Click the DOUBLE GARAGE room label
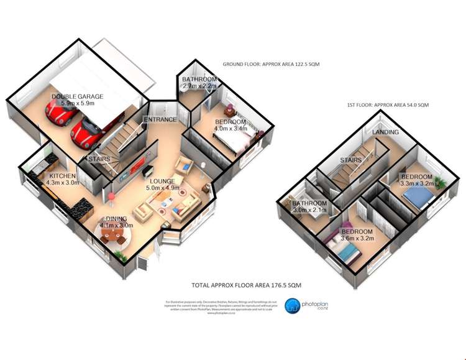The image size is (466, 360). coord(78,97)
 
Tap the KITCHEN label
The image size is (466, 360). coord(63,176)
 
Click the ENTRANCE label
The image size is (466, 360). coord(160,119)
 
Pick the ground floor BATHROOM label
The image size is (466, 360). coord(199,80)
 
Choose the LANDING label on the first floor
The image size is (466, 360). coord(385,132)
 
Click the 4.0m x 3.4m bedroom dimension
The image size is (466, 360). coord(230,129)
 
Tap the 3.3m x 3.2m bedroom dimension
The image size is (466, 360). coord(416,184)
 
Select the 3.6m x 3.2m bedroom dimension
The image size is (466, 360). coord(357,238)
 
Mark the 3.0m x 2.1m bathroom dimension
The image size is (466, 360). coord(309,211)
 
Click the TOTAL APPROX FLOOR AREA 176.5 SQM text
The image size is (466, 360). coord(246,285)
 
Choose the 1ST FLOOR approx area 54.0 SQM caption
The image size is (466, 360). coord(388,105)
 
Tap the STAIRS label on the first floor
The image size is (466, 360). coord(352,160)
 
